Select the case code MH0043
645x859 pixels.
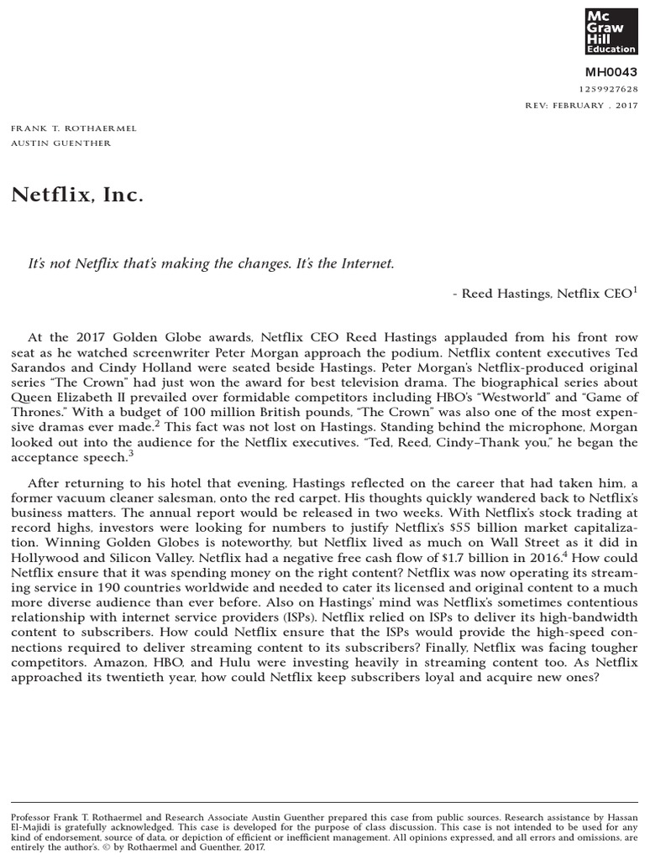pyautogui.click(x=616, y=72)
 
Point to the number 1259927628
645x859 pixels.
pyautogui.click(x=609, y=89)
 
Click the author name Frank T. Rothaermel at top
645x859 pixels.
pyautogui.click(x=73, y=128)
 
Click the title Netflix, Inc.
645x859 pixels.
pyautogui.click(x=77, y=195)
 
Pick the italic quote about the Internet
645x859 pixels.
pyautogui.click(x=212, y=263)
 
